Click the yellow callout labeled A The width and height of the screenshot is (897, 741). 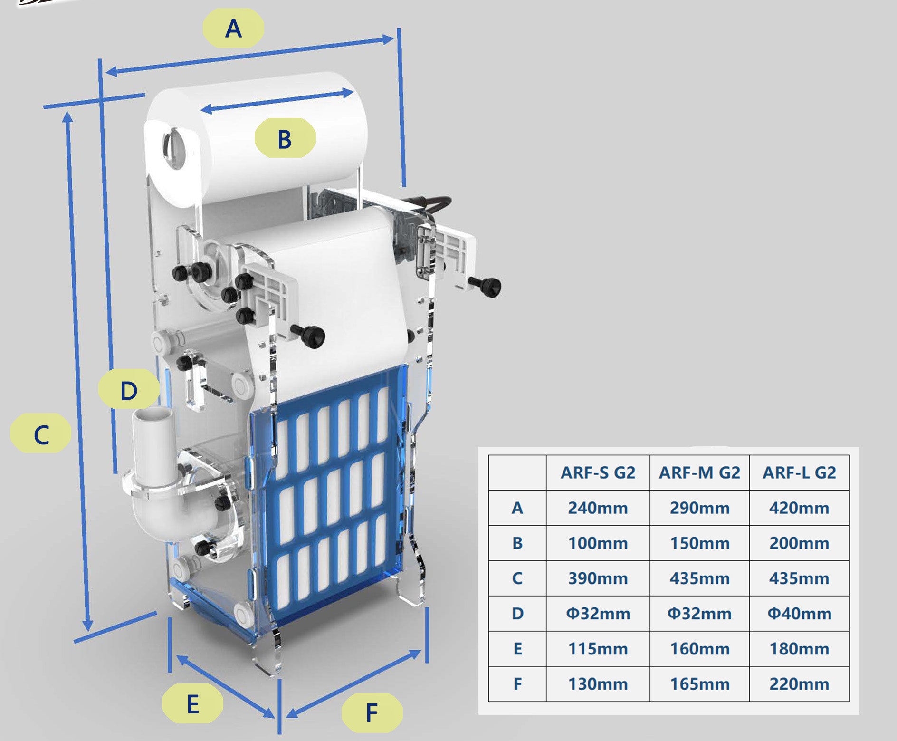click(x=233, y=28)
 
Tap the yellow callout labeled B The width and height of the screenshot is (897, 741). click(x=285, y=138)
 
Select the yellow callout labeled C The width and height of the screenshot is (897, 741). click(x=41, y=433)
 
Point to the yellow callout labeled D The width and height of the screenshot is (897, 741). click(x=129, y=390)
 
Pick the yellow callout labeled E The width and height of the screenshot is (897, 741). click(x=192, y=703)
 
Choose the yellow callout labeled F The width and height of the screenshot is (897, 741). click(x=372, y=712)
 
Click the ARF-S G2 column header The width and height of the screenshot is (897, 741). click(x=598, y=472)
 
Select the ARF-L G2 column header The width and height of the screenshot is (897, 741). click(x=799, y=472)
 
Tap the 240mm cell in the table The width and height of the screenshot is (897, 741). click(x=598, y=508)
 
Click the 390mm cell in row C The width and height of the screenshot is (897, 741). click(x=598, y=578)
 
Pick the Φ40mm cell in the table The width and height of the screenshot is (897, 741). click(x=799, y=613)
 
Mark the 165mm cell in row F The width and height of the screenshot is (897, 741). click(x=699, y=683)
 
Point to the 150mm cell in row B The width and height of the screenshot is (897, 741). click(x=699, y=543)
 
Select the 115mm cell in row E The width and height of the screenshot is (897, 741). click(x=598, y=648)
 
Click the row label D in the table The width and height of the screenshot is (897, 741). click(x=517, y=613)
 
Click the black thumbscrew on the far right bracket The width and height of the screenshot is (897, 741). click(x=491, y=286)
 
